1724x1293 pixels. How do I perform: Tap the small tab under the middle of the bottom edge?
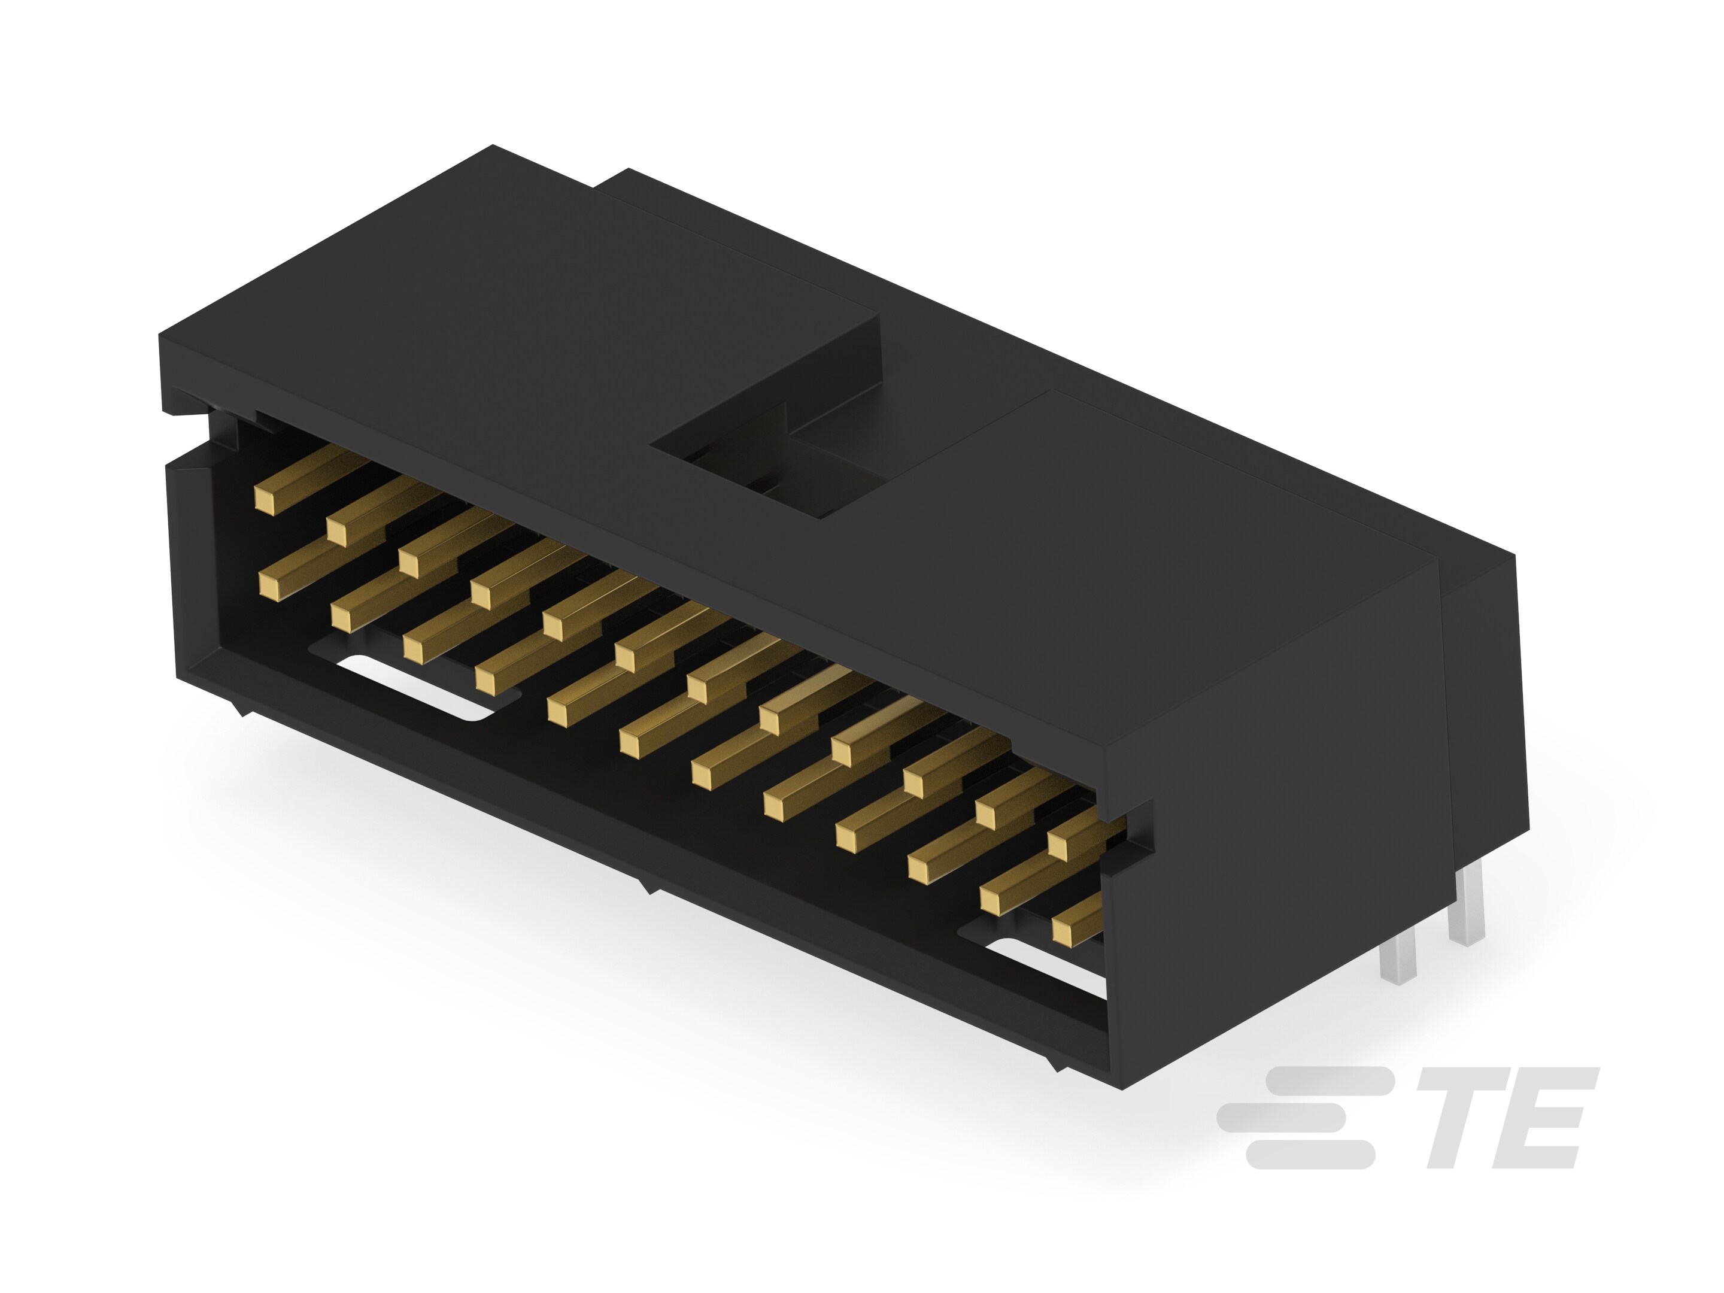click(645, 885)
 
